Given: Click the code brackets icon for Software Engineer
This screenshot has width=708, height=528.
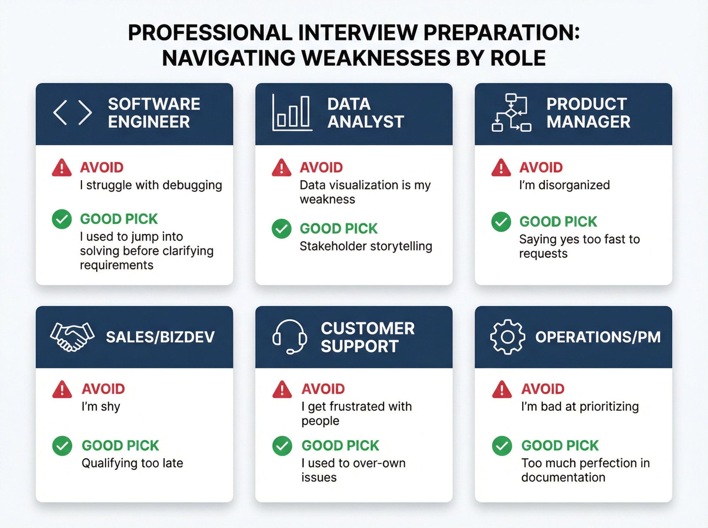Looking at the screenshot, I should pyautogui.click(x=73, y=112).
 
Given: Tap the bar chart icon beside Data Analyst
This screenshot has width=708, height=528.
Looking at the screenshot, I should pyautogui.click(x=292, y=113).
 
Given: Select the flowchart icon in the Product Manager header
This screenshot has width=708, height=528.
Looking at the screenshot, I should pyautogui.click(x=511, y=113).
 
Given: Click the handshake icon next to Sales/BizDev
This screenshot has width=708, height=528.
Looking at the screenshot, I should pyautogui.click(x=72, y=337).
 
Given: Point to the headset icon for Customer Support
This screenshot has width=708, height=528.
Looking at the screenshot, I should pyautogui.click(x=290, y=337).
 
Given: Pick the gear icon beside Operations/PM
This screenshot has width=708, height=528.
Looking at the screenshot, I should pyautogui.click(x=507, y=337).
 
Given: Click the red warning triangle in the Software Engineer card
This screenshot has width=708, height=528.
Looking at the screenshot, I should pyautogui.click(x=62, y=168).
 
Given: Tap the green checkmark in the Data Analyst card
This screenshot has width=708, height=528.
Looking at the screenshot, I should pyautogui.click(x=281, y=228).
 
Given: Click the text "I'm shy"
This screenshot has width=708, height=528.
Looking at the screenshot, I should pyautogui.click(x=101, y=407).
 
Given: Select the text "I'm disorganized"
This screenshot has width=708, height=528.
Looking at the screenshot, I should pyautogui.click(x=564, y=185).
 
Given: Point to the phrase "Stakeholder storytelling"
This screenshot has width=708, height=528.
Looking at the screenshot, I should pyautogui.click(x=366, y=246).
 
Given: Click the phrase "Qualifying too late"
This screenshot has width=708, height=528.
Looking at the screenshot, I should pyautogui.click(x=132, y=463).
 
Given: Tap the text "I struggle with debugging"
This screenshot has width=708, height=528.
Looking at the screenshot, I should pyautogui.click(x=151, y=185).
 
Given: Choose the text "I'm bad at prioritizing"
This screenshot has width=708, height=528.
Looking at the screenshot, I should pyautogui.click(x=580, y=407).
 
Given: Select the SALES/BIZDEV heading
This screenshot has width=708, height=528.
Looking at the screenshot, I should pyautogui.click(x=160, y=337).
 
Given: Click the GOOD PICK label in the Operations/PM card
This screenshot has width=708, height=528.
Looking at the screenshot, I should pyautogui.click(x=560, y=446).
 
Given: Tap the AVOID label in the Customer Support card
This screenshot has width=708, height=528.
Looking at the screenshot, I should pyautogui.click(x=323, y=389).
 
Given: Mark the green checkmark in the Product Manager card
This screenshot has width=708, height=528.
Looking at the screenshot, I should pyautogui.click(x=501, y=222).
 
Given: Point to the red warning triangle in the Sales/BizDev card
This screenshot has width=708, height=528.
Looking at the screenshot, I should pyautogui.click(x=62, y=389).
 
